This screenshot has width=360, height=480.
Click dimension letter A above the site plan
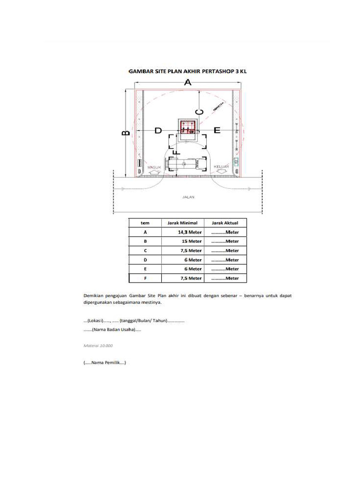187,82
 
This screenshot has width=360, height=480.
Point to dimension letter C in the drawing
199,112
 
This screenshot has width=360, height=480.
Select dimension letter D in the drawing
158,130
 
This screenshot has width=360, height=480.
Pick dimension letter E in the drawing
217,130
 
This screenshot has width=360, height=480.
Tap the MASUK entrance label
154,167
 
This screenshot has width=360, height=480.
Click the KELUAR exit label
221,167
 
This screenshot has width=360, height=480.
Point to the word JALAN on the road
188,197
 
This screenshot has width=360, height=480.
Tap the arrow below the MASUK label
154,172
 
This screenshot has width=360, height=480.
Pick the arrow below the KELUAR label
221,172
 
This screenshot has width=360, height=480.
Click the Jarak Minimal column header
182,223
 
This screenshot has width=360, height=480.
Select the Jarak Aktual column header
225,223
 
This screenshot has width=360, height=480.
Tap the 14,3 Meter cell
190,232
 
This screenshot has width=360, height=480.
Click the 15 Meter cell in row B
192,241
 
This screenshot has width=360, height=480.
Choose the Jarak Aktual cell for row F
225,278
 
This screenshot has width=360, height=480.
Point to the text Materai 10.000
98,345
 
